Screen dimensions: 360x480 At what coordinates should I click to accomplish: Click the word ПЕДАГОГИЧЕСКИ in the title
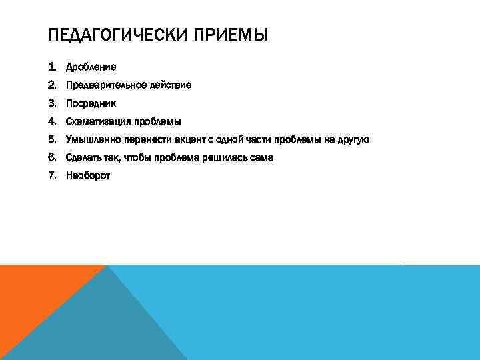tap(118, 34)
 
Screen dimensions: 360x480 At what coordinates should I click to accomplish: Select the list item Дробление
tap(91, 67)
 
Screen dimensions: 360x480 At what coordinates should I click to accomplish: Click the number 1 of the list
tap(51, 67)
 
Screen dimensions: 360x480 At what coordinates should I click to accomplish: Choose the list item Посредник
tap(91, 103)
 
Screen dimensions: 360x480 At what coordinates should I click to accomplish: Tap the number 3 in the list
tap(52, 103)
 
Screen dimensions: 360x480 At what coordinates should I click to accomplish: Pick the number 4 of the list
tap(52, 121)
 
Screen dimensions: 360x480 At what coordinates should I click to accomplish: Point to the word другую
tap(353, 139)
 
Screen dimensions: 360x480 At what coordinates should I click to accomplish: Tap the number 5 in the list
tap(52, 139)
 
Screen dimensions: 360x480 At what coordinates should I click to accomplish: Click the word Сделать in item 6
tap(83, 157)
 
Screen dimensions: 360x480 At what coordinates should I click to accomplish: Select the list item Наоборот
tap(88, 175)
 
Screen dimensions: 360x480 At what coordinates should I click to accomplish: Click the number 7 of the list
tap(52, 175)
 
